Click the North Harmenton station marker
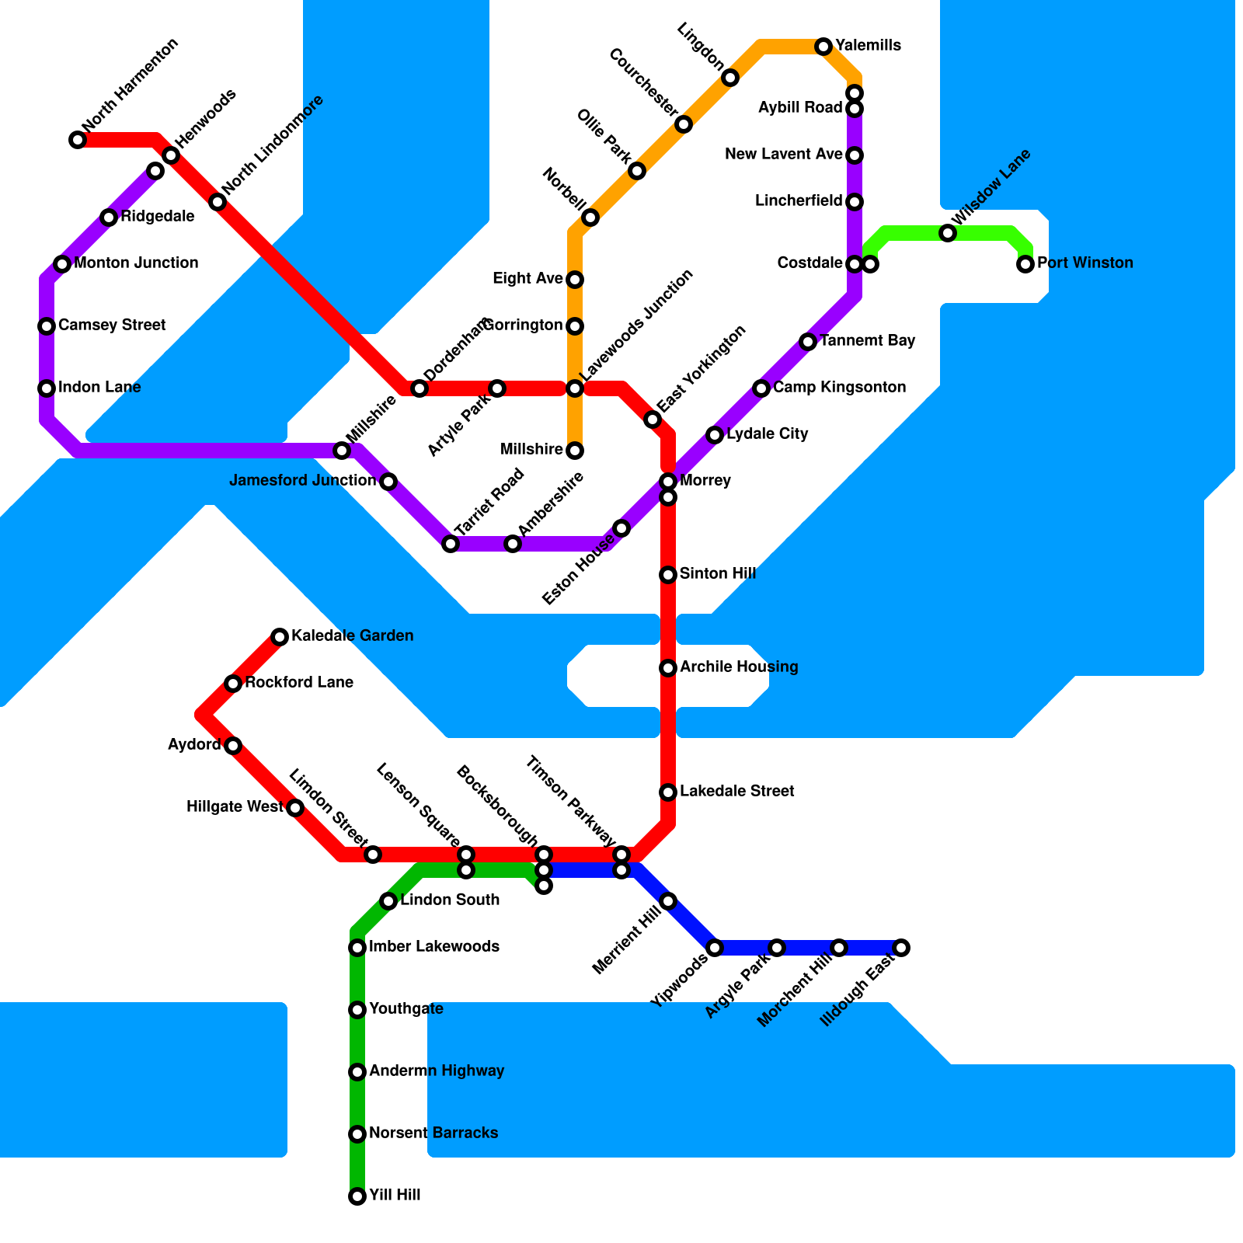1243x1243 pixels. coord(78,140)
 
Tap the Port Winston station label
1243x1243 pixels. coord(1085,263)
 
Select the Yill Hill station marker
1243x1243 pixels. coord(357,1196)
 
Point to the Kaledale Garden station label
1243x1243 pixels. coord(352,636)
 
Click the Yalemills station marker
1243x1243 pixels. coord(823,47)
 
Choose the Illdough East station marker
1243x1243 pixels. coord(901,948)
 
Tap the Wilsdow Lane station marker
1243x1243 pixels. coord(948,233)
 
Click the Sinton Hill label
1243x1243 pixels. coord(717,574)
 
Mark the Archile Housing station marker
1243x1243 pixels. coord(668,668)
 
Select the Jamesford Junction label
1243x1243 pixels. coord(303,481)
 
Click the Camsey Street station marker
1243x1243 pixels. coord(47,326)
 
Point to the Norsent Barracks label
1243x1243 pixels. coord(433,1133)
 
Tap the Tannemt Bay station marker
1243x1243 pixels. coord(808,342)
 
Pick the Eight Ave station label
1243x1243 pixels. coord(527,279)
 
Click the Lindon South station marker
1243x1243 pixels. coord(388,901)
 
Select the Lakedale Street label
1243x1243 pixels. coord(736,792)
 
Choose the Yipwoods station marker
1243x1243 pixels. coord(715,948)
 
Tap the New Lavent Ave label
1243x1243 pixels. coord(783,155)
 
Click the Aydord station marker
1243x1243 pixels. coord(233,746)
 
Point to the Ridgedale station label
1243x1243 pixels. coord(157,217)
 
